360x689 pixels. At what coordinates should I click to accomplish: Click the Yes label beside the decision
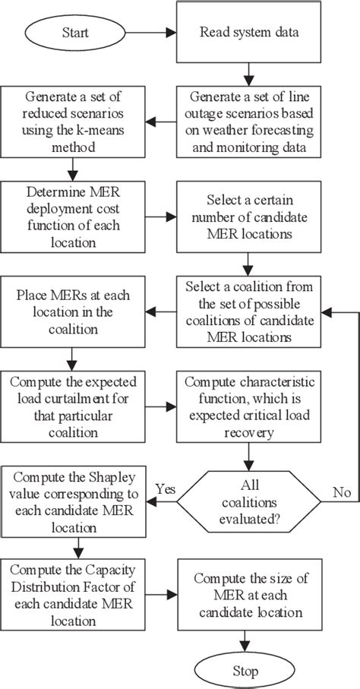(x=167, y=487)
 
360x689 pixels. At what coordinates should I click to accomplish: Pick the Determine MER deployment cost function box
(x=74, y=216)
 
